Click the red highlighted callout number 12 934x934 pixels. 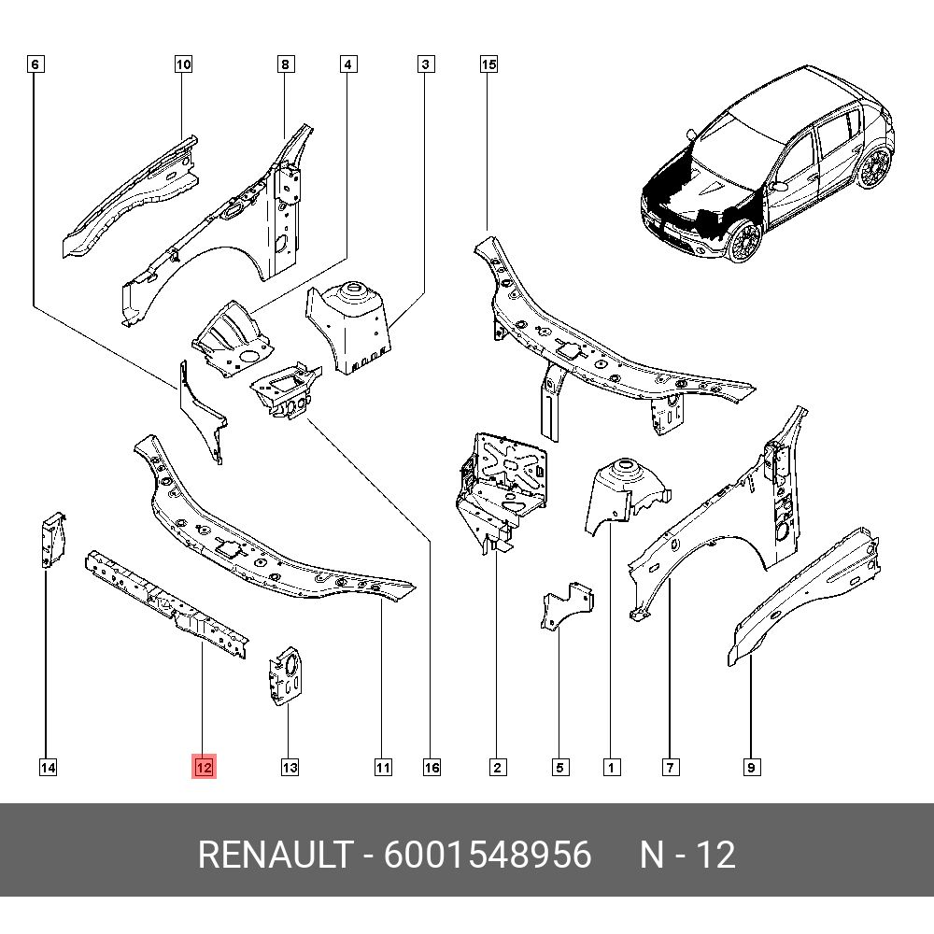pyautogui.click(x=204, y=767)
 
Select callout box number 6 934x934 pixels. pyautogui.click(x=35, y=64)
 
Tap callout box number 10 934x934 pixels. pyautogui.click(x=183, y=64)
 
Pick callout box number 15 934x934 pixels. pyautogui.click(x=488, y=64)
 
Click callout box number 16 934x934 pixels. pyautogui.click(x=431, y=767)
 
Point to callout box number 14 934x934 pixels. pyautogui.click(x=48, y=767)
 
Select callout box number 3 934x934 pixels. pyautogui.click(x=425, y=64)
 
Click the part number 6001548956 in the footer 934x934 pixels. pyautogui.click(x=487, y=855)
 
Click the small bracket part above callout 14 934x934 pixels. pyautogui.click(x=50, y=539)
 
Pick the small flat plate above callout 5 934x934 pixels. pyautogui.click(x=563, y=607)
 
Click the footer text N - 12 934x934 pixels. pyautogui.click(x=686, y=855)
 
